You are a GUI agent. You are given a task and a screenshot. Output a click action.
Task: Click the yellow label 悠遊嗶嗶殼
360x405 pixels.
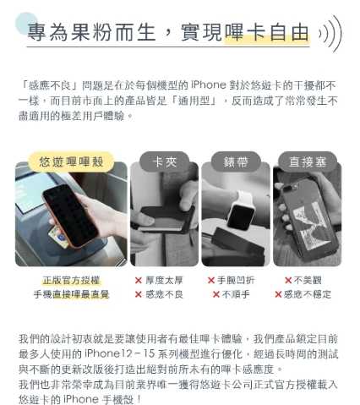click(x=71, y=161)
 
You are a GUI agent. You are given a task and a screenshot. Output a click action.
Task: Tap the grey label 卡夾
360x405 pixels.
click(x=164, y=161)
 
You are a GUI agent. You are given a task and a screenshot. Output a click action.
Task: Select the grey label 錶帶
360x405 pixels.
click(x=235, y=161)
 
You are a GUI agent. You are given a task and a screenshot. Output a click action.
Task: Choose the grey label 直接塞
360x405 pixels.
click(x=306, y=161)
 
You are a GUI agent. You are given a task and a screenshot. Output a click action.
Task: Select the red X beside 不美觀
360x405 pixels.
click(x=288, y=280)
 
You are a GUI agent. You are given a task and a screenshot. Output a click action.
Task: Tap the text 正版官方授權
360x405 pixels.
click(x=71, y=280)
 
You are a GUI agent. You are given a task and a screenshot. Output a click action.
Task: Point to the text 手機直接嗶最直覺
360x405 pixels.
click(x=71, y=294)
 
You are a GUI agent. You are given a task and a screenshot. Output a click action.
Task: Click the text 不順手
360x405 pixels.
click(x=236, y=294)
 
